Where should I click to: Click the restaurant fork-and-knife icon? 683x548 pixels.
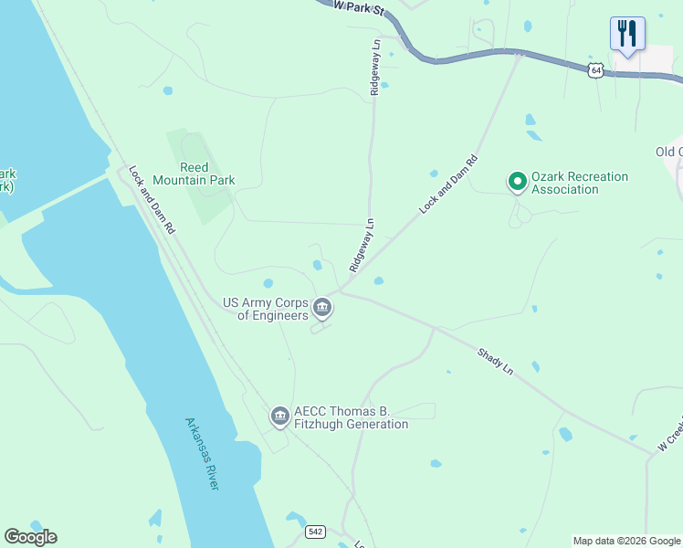coord(627,35)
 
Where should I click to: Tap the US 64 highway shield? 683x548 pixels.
coord(595,70)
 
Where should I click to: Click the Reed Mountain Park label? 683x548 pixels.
coord(194,174)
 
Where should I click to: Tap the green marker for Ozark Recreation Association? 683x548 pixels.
coord(517,183)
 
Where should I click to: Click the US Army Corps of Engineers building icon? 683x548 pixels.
coord(322,309)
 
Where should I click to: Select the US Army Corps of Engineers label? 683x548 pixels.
coord(266,309)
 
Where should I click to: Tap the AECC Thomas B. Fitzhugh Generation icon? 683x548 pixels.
coord(279,416)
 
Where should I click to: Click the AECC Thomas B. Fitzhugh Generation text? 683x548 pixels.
coord(351,417)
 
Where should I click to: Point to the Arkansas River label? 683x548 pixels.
coord(202,454)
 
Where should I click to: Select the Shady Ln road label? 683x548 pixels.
coord(496,359)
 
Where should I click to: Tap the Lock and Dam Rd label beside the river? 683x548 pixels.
coord(152,200)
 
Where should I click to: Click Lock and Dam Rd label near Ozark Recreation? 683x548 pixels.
coord(448,184)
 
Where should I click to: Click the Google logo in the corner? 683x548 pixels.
coord(30,537)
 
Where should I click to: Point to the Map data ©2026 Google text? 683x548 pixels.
coord(626,541)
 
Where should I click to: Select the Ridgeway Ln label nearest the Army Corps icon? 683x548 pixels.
coord(361,245)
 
